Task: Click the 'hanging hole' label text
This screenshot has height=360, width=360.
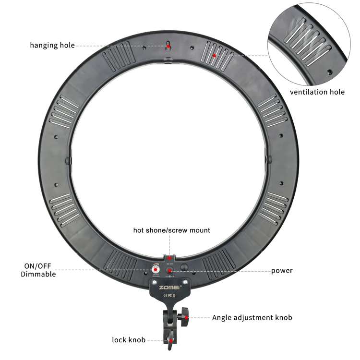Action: pyautogui.click(x=52, y=46)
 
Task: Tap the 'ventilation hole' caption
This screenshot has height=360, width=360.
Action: pyautogui.click(x=317, y=92)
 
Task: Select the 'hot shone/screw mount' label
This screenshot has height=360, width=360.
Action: pyautogui.click(x=171, y=230)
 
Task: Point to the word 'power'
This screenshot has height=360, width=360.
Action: pyautogui.click(x=282, y=271)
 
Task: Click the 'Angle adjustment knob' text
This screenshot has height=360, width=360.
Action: pyautogui.click(x=252, y=317)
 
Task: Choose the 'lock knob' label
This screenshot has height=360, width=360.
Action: pyautogui.click(x=129, y=340)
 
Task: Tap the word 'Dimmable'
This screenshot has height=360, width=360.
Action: pyautogui.click(x=38, y=275)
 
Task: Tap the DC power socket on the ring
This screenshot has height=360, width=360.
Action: pyautogui.click(x=170, y=271)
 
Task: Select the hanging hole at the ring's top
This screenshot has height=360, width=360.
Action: pyautogui.click(x=168, y=46)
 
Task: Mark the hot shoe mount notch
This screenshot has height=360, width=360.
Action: pyautogui.click(x=169, y=258)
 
